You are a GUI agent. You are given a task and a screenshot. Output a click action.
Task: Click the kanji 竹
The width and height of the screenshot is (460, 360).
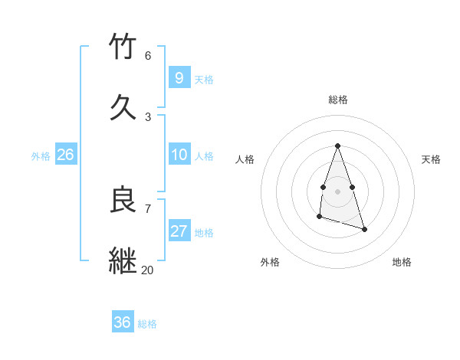tap(123, 47)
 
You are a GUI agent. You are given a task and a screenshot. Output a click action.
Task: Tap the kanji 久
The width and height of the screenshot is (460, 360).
tap(123, 107)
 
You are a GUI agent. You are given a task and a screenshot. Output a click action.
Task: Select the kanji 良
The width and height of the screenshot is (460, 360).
tap(123, 200)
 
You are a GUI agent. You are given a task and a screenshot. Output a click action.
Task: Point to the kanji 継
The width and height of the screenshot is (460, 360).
tap(123, 260)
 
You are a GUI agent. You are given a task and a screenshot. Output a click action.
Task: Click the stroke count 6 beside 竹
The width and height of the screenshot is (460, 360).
tap(147, 56)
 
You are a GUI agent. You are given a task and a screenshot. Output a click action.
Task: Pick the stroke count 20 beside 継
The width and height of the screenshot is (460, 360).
tap(147, 270)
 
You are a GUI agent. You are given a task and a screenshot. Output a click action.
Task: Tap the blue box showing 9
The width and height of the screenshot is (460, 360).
tap(179, 77)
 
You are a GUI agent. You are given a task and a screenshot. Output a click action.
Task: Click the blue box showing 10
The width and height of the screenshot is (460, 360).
tap(179, 154)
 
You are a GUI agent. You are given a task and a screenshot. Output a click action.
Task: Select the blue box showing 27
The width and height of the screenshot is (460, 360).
tap(179, 231)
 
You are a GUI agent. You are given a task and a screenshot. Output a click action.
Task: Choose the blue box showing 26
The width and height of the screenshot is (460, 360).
tap(65, 154)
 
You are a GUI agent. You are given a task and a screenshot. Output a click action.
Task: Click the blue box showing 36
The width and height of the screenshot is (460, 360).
tap(122, 322)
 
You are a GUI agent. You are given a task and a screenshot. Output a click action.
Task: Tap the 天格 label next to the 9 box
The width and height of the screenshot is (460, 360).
tap(204, 79)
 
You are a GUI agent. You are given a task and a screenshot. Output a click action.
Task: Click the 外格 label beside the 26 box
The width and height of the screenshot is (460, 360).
tap(41, 155)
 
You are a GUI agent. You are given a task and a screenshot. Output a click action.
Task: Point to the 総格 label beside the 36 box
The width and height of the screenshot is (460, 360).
tap(147, 324)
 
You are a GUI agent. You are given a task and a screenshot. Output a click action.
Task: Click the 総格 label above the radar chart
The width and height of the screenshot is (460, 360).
tap(338, 100)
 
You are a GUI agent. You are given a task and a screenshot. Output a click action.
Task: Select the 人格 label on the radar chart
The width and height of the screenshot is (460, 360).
tap(245, 159)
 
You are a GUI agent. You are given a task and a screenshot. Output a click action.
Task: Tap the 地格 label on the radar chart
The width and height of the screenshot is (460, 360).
tap(402, 262)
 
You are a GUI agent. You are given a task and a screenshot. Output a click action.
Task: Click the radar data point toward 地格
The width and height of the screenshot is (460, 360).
tap(364, 229)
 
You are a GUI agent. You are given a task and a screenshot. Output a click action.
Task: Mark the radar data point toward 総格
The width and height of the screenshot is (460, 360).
tap(338, 146)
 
